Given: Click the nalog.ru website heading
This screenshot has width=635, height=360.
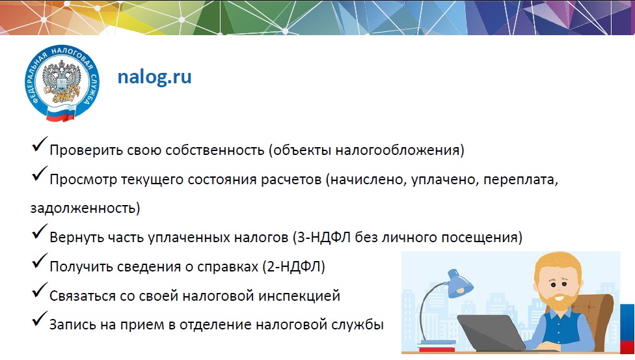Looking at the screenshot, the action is pos(154,77).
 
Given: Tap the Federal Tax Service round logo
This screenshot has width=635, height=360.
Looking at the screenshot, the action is pos(62,83).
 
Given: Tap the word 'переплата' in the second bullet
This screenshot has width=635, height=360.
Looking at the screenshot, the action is pos(520,180).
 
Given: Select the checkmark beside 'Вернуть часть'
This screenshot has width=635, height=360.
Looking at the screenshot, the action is pos(39,232).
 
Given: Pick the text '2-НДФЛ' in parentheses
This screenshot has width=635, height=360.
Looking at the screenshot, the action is pos(293,267).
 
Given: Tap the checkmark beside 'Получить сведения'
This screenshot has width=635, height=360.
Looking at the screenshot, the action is pos(39,260).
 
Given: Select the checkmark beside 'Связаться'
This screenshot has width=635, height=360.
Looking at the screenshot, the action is pos(39,290).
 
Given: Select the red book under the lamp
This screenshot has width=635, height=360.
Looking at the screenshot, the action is pos(437,349).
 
